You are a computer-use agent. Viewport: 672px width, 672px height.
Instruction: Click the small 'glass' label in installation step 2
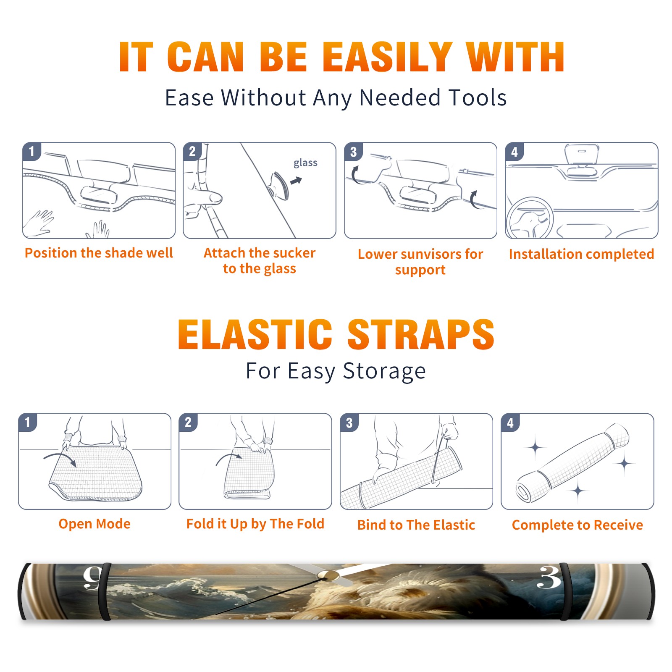[305, 163]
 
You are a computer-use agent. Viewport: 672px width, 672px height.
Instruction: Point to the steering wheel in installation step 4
[530, 218]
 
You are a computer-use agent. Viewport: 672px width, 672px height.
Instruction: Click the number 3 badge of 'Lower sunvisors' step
[353, 152]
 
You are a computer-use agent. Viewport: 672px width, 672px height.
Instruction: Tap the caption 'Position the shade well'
[99, 253]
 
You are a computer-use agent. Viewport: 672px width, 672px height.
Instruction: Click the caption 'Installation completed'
[581, 254]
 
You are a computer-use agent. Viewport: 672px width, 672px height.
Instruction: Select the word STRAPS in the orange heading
[421, 334]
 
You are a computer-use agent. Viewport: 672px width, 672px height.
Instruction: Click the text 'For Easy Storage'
[336, 371]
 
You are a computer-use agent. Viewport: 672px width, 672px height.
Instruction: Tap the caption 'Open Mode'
[94, 524]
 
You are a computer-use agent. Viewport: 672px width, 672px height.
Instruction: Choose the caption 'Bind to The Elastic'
[416, 525]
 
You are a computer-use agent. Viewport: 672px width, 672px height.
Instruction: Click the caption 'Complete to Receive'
[577, 525]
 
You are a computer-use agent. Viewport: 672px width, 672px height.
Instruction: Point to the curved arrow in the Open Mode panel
[60, 456]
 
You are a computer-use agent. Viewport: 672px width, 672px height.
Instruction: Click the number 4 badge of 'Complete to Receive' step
[510, 423]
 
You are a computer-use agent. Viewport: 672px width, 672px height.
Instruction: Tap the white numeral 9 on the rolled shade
[92, 578]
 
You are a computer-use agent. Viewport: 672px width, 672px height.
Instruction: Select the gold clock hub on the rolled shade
[328, 575]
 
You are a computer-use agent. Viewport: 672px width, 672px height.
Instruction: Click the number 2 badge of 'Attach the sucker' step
[192, 152]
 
